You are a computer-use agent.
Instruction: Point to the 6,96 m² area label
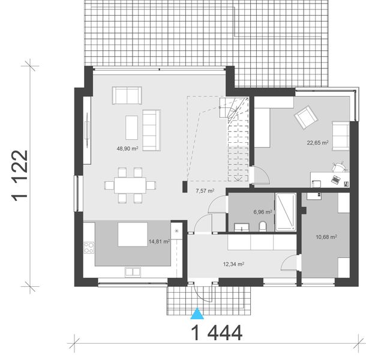click(262, 212)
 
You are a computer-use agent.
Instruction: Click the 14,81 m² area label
click(158, 242)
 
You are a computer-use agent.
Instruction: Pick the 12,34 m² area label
click(233, 263)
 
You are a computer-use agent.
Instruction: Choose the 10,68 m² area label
click(326, 236)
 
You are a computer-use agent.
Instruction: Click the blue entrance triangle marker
click(196, 312)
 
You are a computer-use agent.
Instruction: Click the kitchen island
click(133, 235)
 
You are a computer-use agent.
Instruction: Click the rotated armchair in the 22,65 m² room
click(305, 117)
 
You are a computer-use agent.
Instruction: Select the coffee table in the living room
click(131, 127)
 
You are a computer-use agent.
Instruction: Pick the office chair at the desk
click(338, 163)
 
